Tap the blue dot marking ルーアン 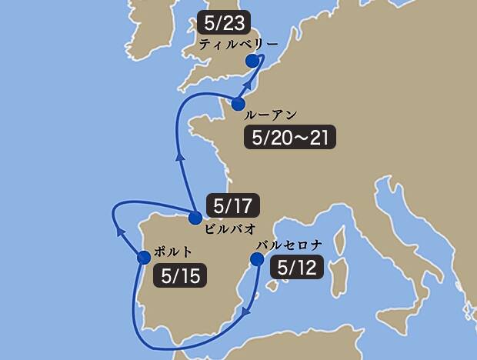click(x=238, y=104)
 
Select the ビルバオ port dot click(x=195, y=218)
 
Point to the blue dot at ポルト click(x=143, y=257)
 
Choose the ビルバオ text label click(x=230, y=229)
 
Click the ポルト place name click(x=173, y=252)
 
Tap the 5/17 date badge click(x=233, y=205)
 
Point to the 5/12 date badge click(x=296, y=267)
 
